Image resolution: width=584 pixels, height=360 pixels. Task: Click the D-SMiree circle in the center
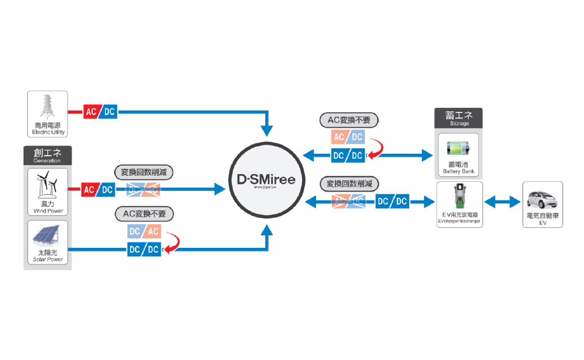tap(265, 180)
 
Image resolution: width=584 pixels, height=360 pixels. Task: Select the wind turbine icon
tap(48, 185)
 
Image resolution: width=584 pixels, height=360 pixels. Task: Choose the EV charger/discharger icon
tap(459, 198)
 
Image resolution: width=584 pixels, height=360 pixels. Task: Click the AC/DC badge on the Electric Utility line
tap(100, 111)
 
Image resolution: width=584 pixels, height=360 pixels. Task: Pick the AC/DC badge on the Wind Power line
tap(99, 189)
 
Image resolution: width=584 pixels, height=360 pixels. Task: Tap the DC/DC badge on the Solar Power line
tap(144, 249)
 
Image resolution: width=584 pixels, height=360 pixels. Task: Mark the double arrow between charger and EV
tap(502, 202)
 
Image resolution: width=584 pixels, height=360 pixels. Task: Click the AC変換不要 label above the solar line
tap(144, 213)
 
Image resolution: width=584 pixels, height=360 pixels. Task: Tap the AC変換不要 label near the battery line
tap(348, 120)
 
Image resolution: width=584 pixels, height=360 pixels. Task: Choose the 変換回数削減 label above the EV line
tap(348, 184)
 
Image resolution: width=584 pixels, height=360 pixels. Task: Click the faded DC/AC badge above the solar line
tap(144, 231)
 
